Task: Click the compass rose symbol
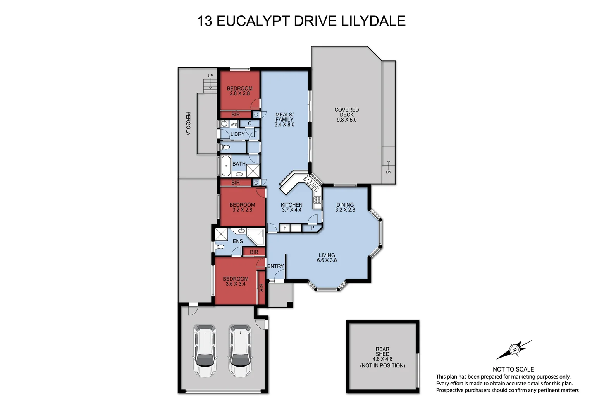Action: [x=514, y=349]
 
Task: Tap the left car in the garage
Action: [x=205, y=351]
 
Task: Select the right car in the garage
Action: [x=240, y=351]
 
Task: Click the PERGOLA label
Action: [x=188, y=123]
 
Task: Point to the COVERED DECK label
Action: [x=346, y=112]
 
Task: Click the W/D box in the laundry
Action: [x=234, y=124]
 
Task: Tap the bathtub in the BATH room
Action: [x=225, y=166]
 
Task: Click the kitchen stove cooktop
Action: [x=317, y=200]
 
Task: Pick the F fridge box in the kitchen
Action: [x=285, y=228]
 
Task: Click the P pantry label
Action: [x=312, y=228]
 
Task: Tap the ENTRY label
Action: [x=275, y=266]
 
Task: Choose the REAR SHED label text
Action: [x=382, y=351]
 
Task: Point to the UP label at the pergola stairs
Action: [x=210, y=76]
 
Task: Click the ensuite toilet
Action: [x=220, y=247]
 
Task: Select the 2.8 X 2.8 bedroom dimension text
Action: [x=239, y=94]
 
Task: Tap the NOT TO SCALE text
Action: [x=513, y=369]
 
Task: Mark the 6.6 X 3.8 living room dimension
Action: [x=327, y=260]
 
